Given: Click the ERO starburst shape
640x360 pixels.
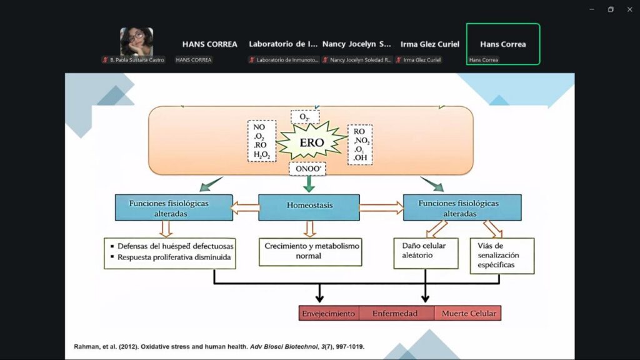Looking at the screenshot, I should pyautogui.click(x=311, y=142).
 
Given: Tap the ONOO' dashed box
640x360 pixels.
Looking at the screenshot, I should pyautogui.click(x=307, y=169).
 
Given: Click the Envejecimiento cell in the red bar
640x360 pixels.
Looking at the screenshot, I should pyautogui.click(x=329, y=313).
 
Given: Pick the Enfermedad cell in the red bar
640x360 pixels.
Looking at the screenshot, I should pyautogui.click(x=395, y=313).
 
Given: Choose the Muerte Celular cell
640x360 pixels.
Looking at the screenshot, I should pyautogui.click(x=467, y=313).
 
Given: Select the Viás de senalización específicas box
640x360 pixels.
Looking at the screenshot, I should pyautogui.click(x=501, y=255).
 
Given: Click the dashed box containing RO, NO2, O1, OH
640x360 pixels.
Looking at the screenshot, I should pyautogui.click(x=361, y=144).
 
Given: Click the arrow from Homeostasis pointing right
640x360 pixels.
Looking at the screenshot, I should pyautogui.click(x=381, y=207).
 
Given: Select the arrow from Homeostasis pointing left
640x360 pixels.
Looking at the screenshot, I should pyautogui.click(x=244, y=207).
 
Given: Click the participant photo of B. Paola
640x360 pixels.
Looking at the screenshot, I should pyautogui.click(x=136, y=42).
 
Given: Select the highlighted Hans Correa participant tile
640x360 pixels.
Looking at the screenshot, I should pyautogui.click(x=502, y=44).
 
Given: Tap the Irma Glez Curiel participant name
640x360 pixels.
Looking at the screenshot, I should pyautogui.click(x=429, y=44).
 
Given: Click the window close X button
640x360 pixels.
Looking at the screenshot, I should pyautogui.click(x=629, y=9).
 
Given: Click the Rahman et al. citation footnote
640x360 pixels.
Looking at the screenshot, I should pyautogui.click(x=219, y=346).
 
